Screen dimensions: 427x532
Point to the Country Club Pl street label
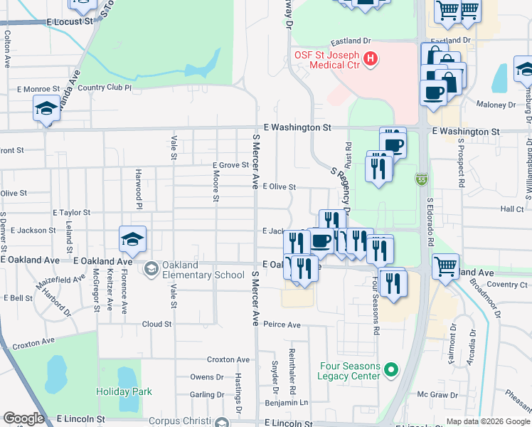pos(105,88)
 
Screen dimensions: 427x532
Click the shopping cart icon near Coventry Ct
pos(445,267)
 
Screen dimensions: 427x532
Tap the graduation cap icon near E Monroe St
pos(46,108)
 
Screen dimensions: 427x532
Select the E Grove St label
pos(230,165)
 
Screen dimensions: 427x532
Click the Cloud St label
pos(156,324)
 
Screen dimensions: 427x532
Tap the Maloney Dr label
pos(496,105)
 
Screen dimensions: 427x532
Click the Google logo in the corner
pos(23,418)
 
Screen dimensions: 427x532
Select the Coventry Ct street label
pos(508,285)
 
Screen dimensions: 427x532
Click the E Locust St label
pos(70,22)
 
